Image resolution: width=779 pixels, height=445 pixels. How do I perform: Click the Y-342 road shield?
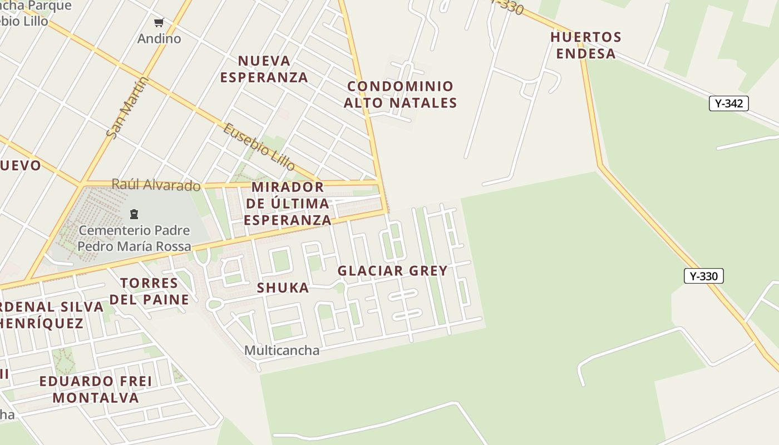[728, 103]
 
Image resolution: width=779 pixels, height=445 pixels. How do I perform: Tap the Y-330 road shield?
[703, 276]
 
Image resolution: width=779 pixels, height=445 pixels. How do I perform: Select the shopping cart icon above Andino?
[159, 23]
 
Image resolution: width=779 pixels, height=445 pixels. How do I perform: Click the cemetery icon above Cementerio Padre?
[134, 214]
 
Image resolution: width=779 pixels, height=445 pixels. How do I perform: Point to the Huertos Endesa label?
[585, 45]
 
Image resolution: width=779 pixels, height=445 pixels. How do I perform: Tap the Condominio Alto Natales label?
[400, 95]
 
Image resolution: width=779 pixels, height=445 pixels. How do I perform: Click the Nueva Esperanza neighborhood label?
[264, 68]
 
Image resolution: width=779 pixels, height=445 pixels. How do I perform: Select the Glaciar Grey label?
[392, 271]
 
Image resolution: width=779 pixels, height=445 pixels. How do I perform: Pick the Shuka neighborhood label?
[283, 288]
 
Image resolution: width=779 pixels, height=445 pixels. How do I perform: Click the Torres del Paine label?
[149, 291]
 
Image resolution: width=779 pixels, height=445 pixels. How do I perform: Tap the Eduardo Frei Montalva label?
[96, 389]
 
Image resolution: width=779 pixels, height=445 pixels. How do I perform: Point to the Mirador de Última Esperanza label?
[287, 203]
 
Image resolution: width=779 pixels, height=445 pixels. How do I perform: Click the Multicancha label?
[282, 350]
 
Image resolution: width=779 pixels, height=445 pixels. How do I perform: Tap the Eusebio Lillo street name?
[259, 146]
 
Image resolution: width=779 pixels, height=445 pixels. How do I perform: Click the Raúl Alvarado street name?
[156, 185]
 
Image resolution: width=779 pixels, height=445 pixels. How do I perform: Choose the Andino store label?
[159, 38]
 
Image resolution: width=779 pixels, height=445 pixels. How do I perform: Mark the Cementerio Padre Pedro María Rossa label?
[134, 238]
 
